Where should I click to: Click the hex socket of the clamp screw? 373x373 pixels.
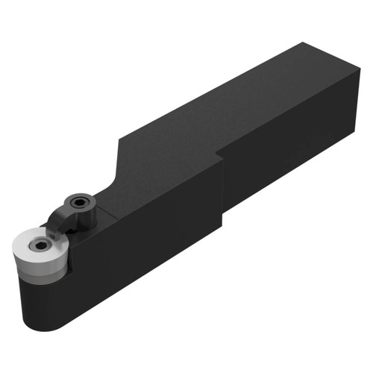78,201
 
